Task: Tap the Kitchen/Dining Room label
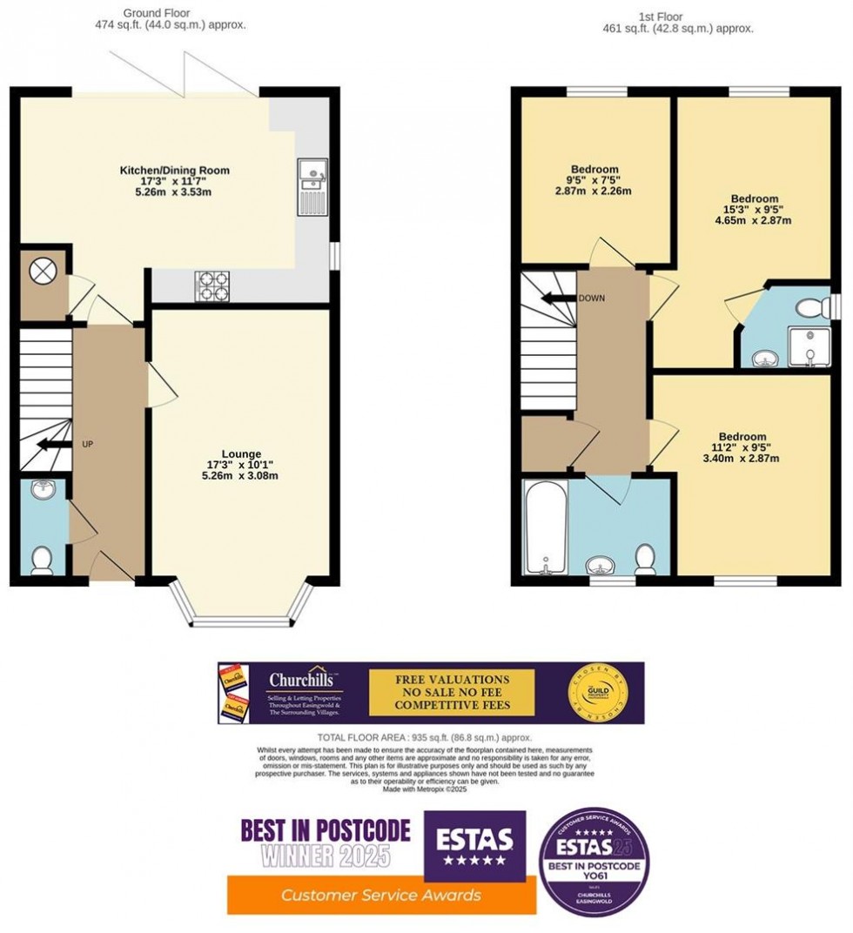pyautogui.click(x=174, y=170)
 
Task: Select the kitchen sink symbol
pyautogui.click(x=311, y=186)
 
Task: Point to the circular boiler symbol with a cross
pyautogui.click(x=42, y=272)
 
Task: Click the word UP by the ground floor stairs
pyautogui.click(x=87, y=444)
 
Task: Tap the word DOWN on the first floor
pyautogui.click(x=590, y=298)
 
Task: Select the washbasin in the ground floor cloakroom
pyautogui.click(x=40, y=492)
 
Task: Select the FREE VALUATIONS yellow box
pyautogui.click(x=452, y=692)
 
